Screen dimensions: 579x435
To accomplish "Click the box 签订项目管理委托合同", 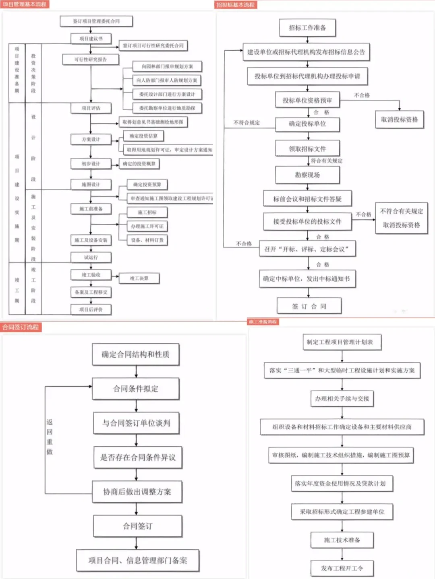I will click(x=96, y=21).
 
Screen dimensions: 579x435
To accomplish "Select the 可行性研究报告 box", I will click(x=91, y=60).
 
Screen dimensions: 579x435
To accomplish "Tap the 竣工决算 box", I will click(x=139, y=278).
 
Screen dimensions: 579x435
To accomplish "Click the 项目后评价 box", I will click(x=91, y=309).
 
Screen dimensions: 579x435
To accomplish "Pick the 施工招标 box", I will click(x=147, y=212).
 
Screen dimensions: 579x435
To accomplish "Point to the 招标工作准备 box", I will click(x=307, y=28).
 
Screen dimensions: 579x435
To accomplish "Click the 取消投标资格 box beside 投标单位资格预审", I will click(x=399, y=120).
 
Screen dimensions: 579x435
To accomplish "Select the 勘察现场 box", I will click(x=307, y=175).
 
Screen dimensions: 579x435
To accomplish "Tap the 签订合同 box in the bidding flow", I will click(x=309, y=306).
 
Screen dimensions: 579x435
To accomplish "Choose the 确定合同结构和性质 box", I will click(x=135, y=354).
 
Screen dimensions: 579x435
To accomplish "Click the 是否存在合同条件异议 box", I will click(x=138, y=457).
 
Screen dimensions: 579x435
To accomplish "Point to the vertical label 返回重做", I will click(x=50, y=437).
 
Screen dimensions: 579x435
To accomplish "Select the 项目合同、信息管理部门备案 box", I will click(x=138, y=560).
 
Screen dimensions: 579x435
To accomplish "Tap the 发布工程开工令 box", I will click(x=342, y=568).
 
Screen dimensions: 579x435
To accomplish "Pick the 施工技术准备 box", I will click(x=342, y=540).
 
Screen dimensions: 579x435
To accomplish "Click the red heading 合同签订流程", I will click(x=21, y=327).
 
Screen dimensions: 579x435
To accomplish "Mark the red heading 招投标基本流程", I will click(x=236, y=5).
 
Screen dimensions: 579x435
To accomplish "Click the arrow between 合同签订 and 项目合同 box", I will click(x=137, y=543).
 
